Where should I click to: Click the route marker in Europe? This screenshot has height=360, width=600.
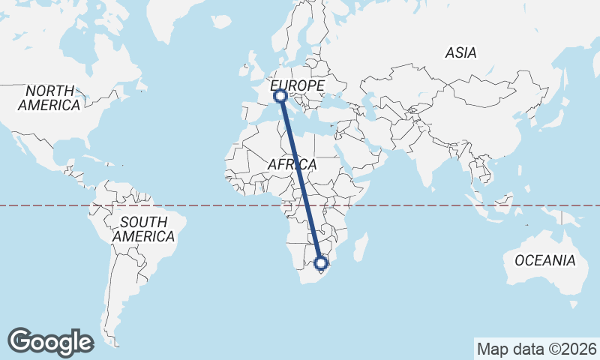pos(280,96)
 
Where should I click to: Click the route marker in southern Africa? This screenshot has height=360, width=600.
pos(321,263)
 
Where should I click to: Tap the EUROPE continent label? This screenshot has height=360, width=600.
pos(297,85)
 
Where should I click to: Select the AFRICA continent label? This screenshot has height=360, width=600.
pos(292,164)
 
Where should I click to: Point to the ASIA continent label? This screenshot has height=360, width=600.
pos(460,52)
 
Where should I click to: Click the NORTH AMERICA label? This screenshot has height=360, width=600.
pos(49,97)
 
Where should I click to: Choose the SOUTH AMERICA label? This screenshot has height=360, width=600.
pos(143,229)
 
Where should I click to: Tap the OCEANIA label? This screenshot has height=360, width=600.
pos(545,261)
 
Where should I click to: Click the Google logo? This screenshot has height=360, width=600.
pos(50,341)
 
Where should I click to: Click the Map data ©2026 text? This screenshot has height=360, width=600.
pos(536,349)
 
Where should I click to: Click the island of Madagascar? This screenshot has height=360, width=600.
pos(361,247)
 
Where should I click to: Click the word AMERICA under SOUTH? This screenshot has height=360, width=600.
pos(143,236)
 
